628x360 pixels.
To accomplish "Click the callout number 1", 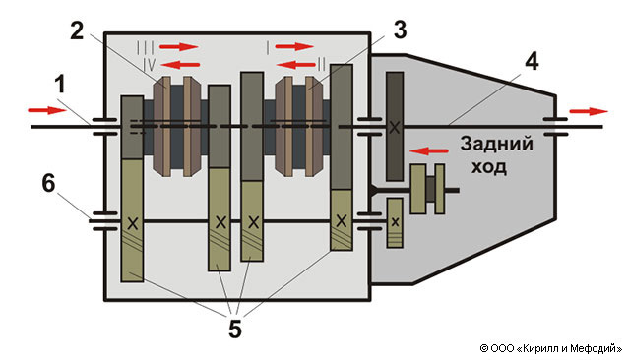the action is tap(59, 86).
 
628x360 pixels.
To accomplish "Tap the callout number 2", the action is tap(77, 30).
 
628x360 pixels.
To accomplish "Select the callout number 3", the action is tap(400, 30).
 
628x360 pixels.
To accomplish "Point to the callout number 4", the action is tap(532, 62).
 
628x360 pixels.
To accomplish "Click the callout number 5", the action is tap(235, 330).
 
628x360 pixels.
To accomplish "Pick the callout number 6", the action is tap(49, 184).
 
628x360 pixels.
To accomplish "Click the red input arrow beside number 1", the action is tap(46, 110).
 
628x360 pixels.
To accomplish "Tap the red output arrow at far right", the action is tap(589, 111).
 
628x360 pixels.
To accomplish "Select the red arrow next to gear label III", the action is tap(178, 47).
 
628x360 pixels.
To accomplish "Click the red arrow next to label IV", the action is tap(180, 64).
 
